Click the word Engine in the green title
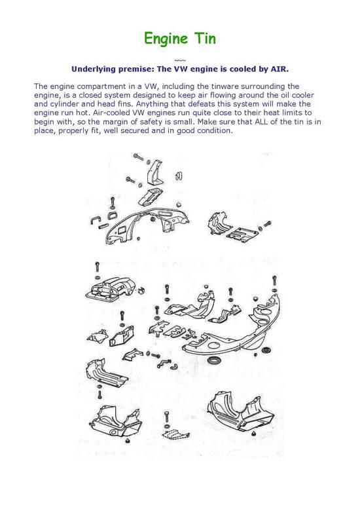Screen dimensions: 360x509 coord(166,39)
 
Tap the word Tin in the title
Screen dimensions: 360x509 coord(205,38)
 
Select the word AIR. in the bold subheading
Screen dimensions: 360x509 coord(279,69)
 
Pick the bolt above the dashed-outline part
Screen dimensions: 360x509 coord(167,417)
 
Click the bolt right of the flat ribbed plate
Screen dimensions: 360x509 coord(267,224)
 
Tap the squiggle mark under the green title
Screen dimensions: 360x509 coord(180,60)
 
